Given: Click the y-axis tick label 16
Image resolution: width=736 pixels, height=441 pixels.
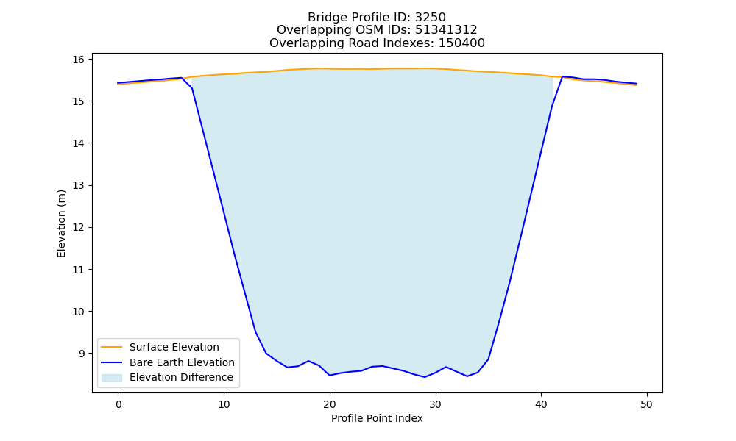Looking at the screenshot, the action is (x=78, y=60).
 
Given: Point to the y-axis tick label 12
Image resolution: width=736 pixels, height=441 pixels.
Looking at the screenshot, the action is (x=78, y=228).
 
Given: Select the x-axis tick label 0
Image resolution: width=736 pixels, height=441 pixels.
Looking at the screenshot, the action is (x=118, y=404).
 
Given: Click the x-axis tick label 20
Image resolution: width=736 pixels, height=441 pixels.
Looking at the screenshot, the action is (x=330, y=404).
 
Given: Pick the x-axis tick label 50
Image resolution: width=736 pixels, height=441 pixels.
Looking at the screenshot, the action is (x=647, y=404).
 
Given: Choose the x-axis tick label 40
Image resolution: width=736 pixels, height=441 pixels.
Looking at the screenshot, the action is (x=541, y=404).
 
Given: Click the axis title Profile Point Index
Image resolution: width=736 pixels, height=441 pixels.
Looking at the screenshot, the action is (x=377, y=418).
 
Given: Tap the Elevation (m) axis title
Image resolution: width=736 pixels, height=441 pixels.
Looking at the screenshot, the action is (x=62, y=223).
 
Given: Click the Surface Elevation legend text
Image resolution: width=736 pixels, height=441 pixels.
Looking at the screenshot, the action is (x=174, y=347).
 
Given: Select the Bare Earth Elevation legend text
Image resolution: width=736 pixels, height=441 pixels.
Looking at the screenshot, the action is (x=182, y=362).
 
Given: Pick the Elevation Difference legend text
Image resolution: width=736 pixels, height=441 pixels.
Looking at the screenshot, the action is (x=181, y=377).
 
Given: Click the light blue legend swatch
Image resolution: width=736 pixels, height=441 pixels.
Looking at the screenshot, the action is (x=112, y=378).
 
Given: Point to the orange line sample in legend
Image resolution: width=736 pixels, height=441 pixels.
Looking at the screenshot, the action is (x=112, y=347).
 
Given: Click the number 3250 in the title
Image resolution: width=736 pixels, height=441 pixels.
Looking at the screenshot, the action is (x=431, y=18).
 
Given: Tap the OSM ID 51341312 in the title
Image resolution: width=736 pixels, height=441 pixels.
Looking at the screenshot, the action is (x=446, y=30).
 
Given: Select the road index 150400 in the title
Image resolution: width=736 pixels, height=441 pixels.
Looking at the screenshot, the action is (x=461, y=43).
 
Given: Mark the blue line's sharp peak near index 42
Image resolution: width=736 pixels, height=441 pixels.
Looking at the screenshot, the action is (x=562, y=76).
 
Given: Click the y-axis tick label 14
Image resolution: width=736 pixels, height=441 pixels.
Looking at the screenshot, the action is (x=78, y=143).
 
